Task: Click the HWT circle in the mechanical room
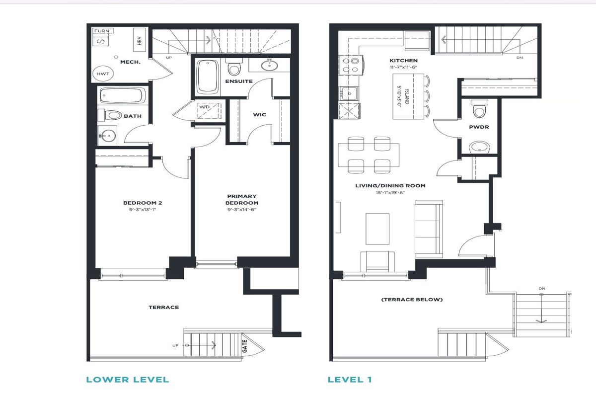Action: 103,74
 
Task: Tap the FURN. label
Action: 102,31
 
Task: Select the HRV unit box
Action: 139,40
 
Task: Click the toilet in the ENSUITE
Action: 234,67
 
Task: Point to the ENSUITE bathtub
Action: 208,77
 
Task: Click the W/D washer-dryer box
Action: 210,110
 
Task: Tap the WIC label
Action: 259,115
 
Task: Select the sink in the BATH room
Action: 108,136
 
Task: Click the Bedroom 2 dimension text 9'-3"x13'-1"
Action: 143,210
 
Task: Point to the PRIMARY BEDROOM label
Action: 242,199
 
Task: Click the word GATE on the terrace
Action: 245,346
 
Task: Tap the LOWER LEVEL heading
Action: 128,380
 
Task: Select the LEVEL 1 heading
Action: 350,380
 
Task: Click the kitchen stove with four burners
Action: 351,66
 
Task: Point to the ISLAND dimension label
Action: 403,96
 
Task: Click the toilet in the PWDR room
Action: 479,109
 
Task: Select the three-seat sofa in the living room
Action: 429,229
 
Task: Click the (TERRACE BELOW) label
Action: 412,300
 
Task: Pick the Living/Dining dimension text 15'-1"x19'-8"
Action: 390,193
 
